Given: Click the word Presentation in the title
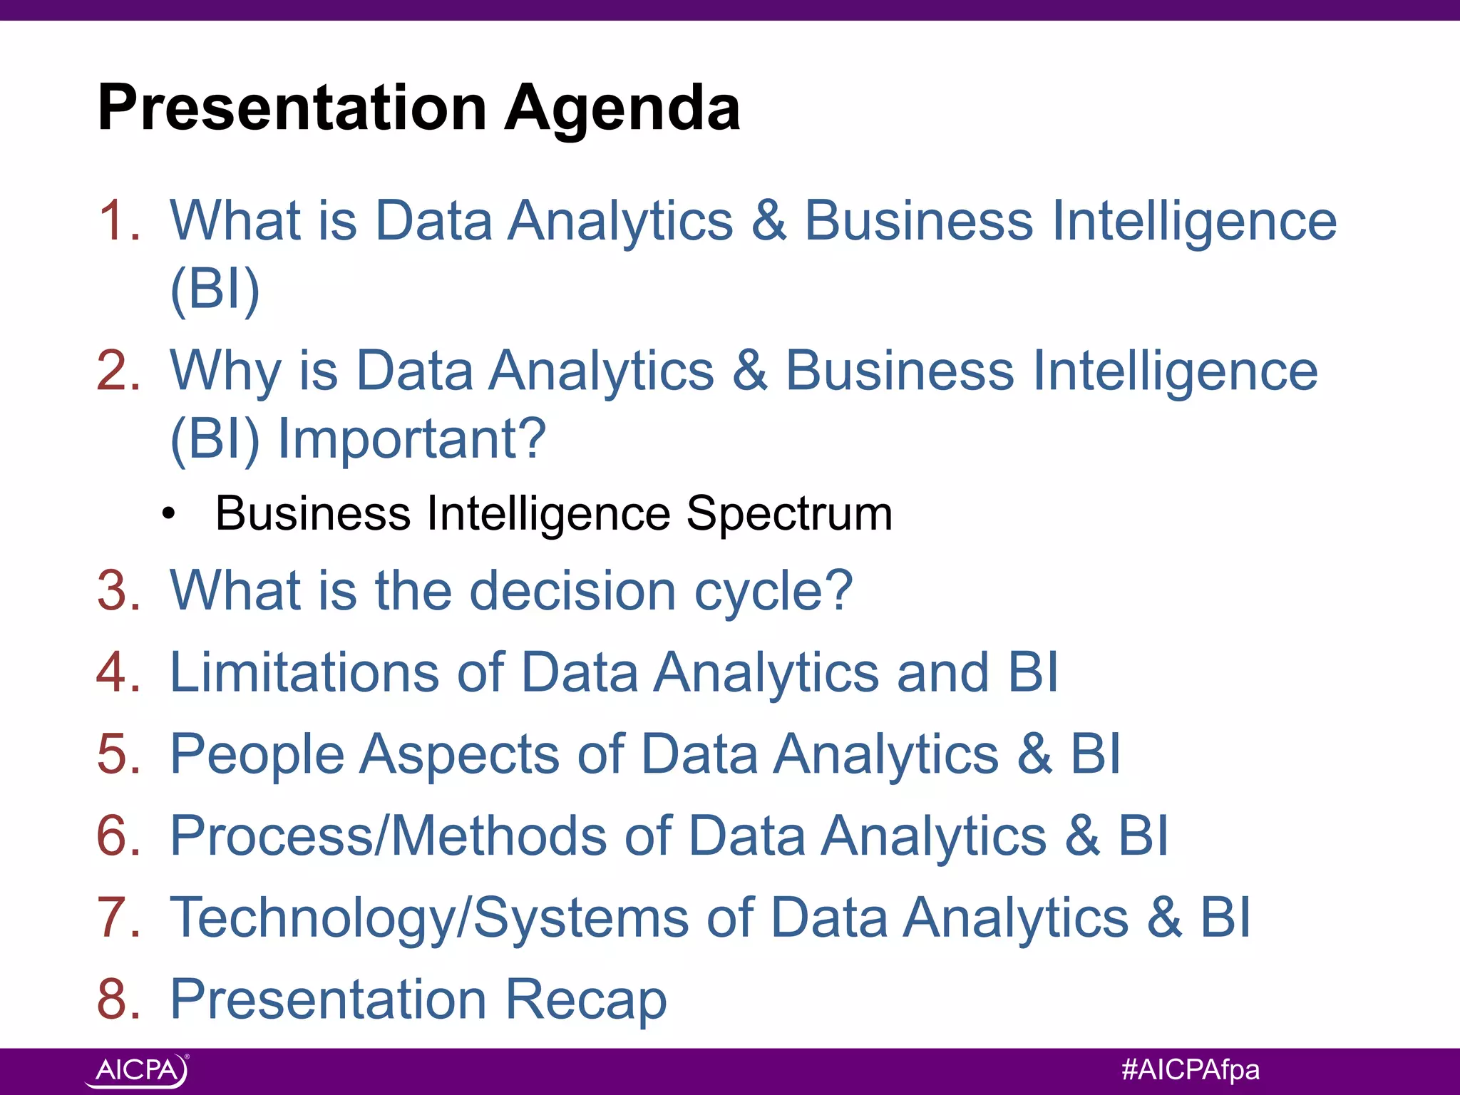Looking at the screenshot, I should click(x=292, y=108).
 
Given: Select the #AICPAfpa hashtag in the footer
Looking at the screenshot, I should click(x=1190, y=1069).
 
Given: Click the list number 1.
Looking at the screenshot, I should click(x=118, y=220).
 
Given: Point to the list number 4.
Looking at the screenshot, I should click(x=118, y=672).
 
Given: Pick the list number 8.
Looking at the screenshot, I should click(x=118, y=999).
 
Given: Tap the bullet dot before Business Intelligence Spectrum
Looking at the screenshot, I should click(x=168, y=513).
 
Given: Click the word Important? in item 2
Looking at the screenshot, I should click(x=412, y=438).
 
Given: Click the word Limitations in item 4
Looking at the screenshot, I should click(x=304, y=672).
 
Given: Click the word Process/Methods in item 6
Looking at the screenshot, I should click(x=389, y=836).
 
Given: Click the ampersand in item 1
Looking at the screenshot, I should click(x=768, y=220).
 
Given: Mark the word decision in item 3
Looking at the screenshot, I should click(x=572, y=591).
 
